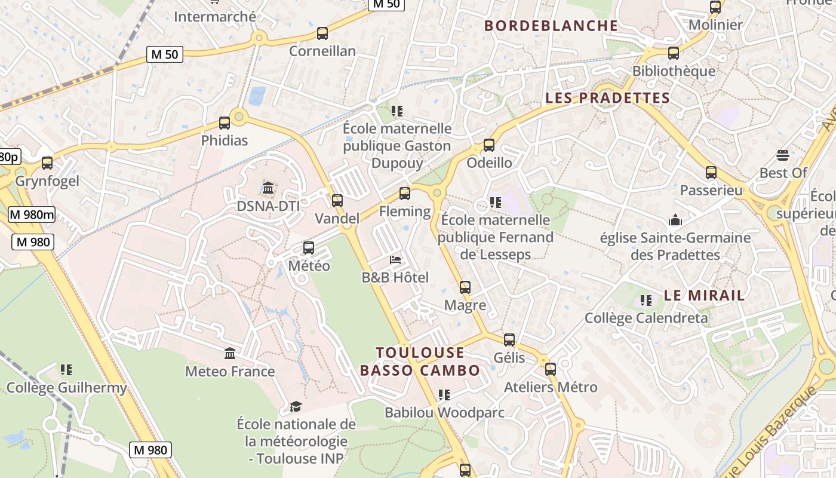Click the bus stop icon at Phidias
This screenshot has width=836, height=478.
[x=225, y=123]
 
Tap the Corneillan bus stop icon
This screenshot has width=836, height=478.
[x=322, y=33]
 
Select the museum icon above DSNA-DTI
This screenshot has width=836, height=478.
[x=268, y=189]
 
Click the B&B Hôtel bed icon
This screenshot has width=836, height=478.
[x=395, y=260]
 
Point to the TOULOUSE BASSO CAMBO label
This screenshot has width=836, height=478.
[x=420, y=361]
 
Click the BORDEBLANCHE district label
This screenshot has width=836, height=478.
[x=551, y=26]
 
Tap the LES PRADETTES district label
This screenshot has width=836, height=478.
[x=607, y=98]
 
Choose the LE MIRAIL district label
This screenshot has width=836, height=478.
[x=705, y=295]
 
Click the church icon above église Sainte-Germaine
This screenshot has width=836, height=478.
[x=675, y=220]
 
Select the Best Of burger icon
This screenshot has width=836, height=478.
[x=783, y=156]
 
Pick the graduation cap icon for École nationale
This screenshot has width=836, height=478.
[x=296, y=407]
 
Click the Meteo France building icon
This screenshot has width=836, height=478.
[x=230, y=354]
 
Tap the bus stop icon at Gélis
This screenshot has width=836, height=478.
[x=509, y=340]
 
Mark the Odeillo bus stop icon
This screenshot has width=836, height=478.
[x=489, y=145]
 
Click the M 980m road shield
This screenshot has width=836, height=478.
[x=32, y=215]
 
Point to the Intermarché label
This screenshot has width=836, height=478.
[x=215, y=17]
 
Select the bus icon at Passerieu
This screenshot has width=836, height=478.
[x=711, y=173]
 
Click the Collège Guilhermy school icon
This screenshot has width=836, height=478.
[x=66, y=370]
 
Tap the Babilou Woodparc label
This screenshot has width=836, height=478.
[x=444, y=413]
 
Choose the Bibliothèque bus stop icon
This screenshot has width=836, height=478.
[x=674, y=53]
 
